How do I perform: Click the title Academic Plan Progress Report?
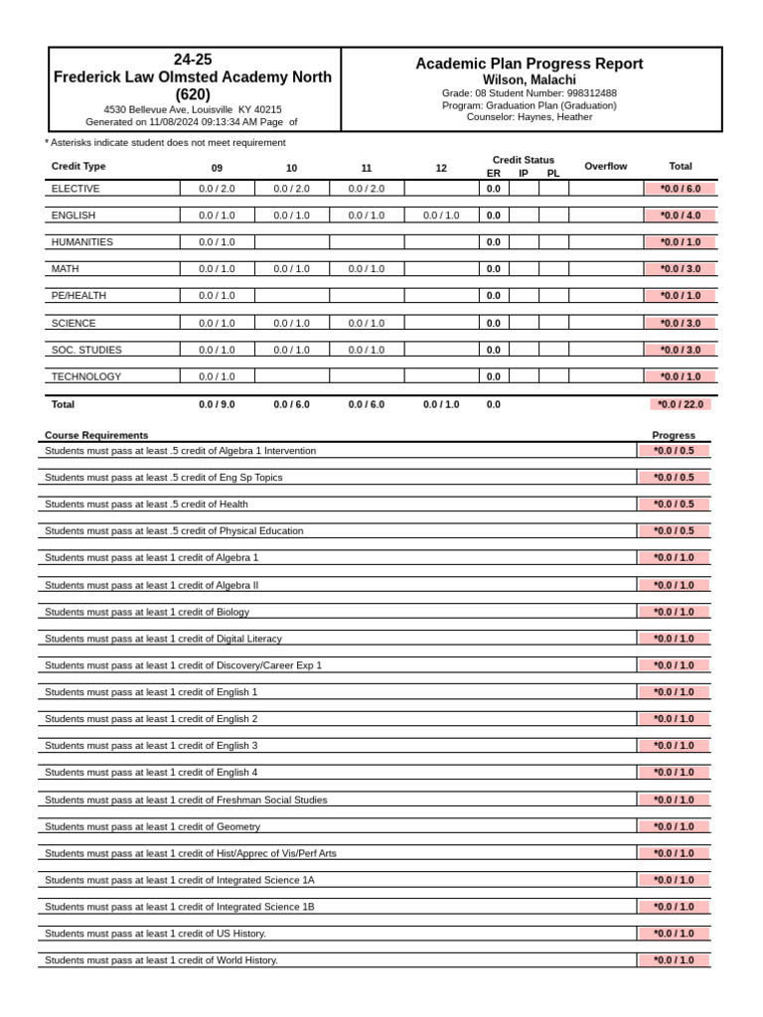pyautogui.click(x=529, y=64)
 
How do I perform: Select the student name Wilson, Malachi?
pyautogui.click(x=529, y=79)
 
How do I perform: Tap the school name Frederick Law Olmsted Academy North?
pyautogui.click(x=193, y=77)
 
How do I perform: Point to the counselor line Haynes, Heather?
pyautogui.click(x=529, y=117)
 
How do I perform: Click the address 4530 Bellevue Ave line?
pyautogui.click(x=193, y=109)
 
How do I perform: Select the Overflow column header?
pyautogui.click(x=606, y=167)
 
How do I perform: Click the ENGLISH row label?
pyautogui.click(x=74, y=216)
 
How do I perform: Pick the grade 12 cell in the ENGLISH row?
pyautogui.click(x=441, y=216)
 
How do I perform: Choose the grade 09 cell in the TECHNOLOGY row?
pyautogui.click(x=217, y=377)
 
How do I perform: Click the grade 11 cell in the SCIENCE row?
pyautogui.click(x=367, y=324)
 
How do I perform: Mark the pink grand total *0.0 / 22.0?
pyautogui.click(x=682, y=405)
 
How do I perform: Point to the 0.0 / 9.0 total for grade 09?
pyautogui.click(x=217, y=405)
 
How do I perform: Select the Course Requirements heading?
pyautogui.click(x=96, y=435)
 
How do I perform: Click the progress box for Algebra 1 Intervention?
pyautogui.click(x=674, y=451)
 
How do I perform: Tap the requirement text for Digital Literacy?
pyautogui.click(x=163, y=639)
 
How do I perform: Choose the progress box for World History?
pyautogui.click(x=674, y=960)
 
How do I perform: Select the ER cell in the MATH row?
pyautogui.click(x=493, y=269)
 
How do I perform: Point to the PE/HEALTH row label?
pyautogui.click(x=78, y=296)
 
